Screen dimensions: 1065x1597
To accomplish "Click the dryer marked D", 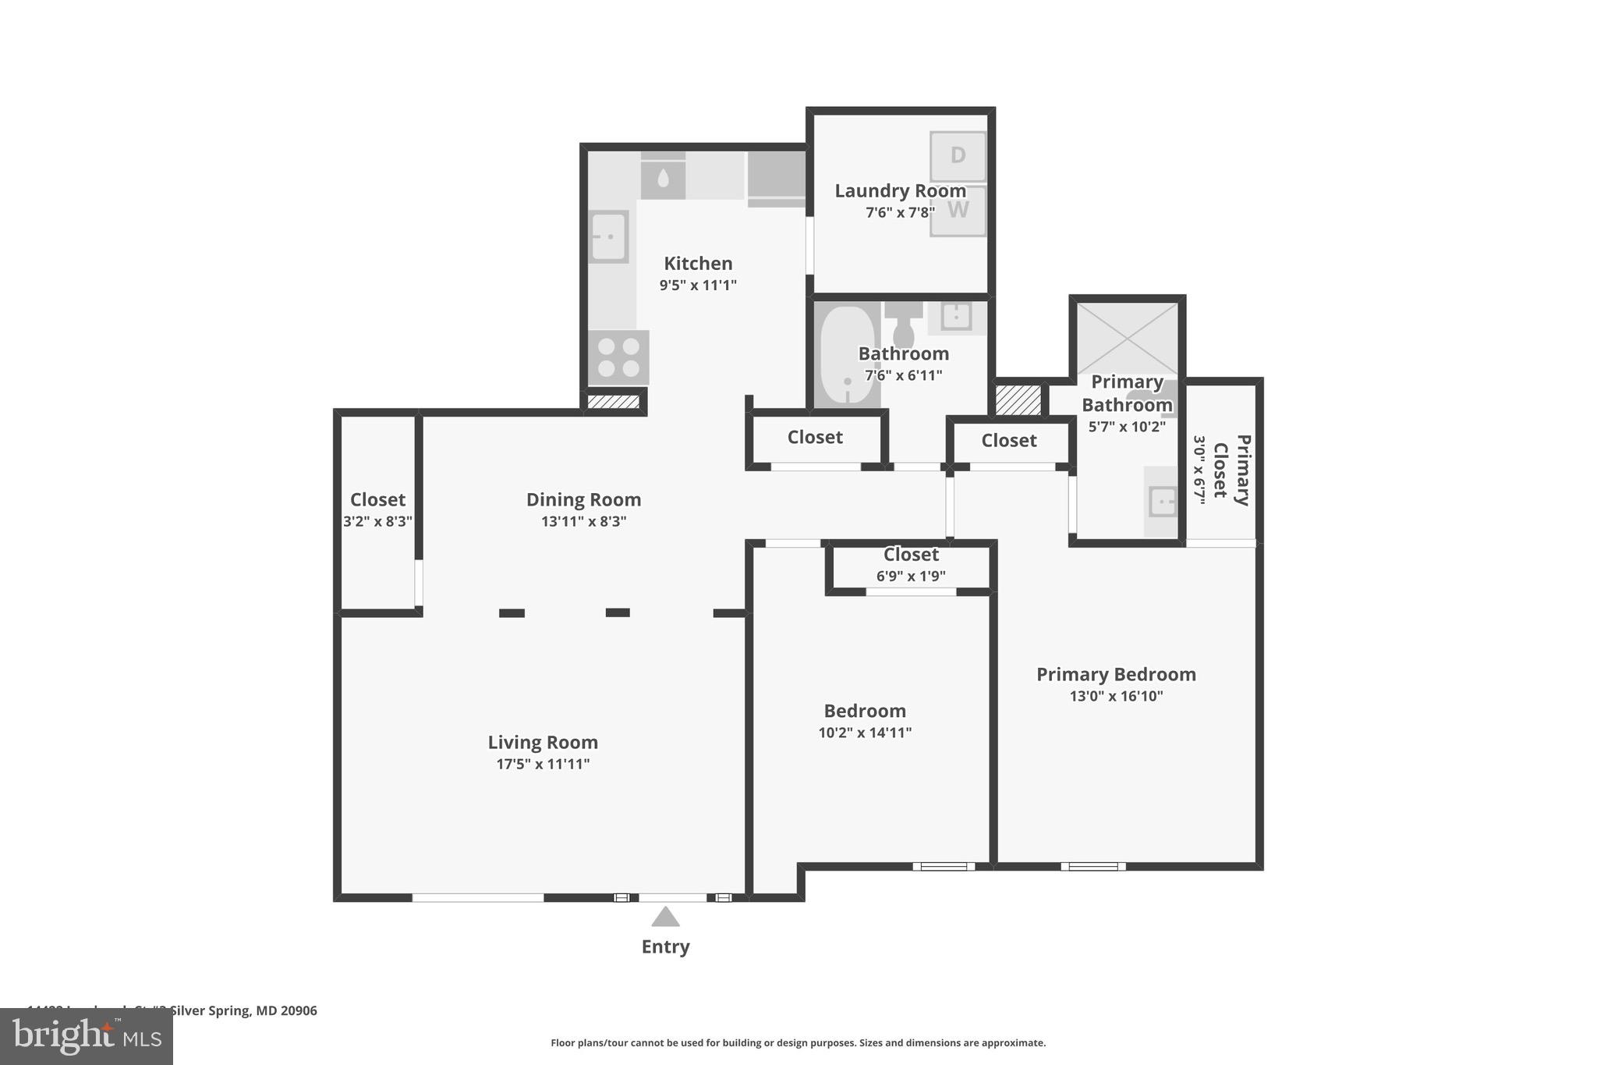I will [958, 156].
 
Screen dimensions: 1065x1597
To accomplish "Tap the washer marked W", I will [958, 210].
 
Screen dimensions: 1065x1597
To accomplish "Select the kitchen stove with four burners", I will [618, 357].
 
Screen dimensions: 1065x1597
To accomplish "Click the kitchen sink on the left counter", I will [608, 236].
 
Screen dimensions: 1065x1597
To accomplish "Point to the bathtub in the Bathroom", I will [847, 356].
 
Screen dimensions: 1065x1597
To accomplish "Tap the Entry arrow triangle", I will [665, 917].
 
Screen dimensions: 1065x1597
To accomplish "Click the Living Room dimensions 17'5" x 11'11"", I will [543, 764].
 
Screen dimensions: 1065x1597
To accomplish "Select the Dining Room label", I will [583, 499].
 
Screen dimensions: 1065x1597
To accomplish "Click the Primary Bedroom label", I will [1116, 674].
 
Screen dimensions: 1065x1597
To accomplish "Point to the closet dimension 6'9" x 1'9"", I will [911, 577].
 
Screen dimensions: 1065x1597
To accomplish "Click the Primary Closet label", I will [1232, 470].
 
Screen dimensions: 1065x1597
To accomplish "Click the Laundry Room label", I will [900, 190].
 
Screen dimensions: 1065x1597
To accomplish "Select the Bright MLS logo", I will [87, 1036].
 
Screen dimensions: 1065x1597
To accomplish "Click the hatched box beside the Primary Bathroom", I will [1018, 400].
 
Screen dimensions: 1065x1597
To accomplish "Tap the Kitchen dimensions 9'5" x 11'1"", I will [698, 285].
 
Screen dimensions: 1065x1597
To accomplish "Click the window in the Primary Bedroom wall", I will [1092, 866].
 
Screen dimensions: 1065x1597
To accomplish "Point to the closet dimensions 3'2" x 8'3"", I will [377, 521].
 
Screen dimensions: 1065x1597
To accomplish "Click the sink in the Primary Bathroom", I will [1162, 501].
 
